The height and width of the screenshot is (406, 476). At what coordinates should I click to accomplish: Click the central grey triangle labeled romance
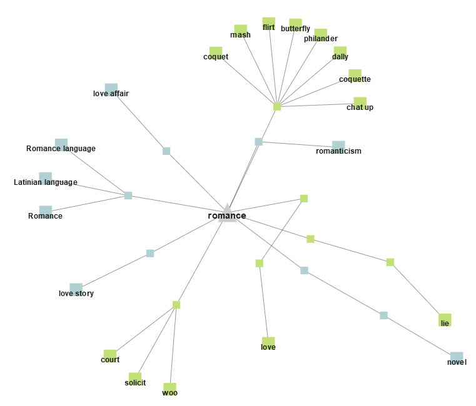pyautogui.click(x=227, y=213)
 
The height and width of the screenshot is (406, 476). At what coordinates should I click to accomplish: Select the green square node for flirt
pyautogui.click(x=269, y=23)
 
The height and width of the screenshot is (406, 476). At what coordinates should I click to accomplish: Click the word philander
pyautogui.click(x=321, y=39)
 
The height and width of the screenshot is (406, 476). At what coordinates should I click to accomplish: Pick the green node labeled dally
pyautogui.click(x=340, y=52)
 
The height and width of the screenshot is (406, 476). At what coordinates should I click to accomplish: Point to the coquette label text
pyautogui.click(x=355, y=79)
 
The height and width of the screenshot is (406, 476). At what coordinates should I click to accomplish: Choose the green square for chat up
pyautogui.click(x=360, y=103)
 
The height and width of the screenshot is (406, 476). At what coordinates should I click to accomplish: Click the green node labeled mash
pyautogui.click(x=241, y=31)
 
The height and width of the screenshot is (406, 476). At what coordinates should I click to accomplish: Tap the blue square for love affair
pyautogui.click(x=111, y=89)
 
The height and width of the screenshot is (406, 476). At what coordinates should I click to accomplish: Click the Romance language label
pyautogui.click(x=61, y=149)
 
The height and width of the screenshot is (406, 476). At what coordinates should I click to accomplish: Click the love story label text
pyautogui.click(x=76, y=293)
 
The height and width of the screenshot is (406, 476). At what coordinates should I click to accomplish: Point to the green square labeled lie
pyautogui.click(x=445, y=320)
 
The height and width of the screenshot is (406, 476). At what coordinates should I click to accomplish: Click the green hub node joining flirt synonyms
pyautogui.click(x=277, y=107)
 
